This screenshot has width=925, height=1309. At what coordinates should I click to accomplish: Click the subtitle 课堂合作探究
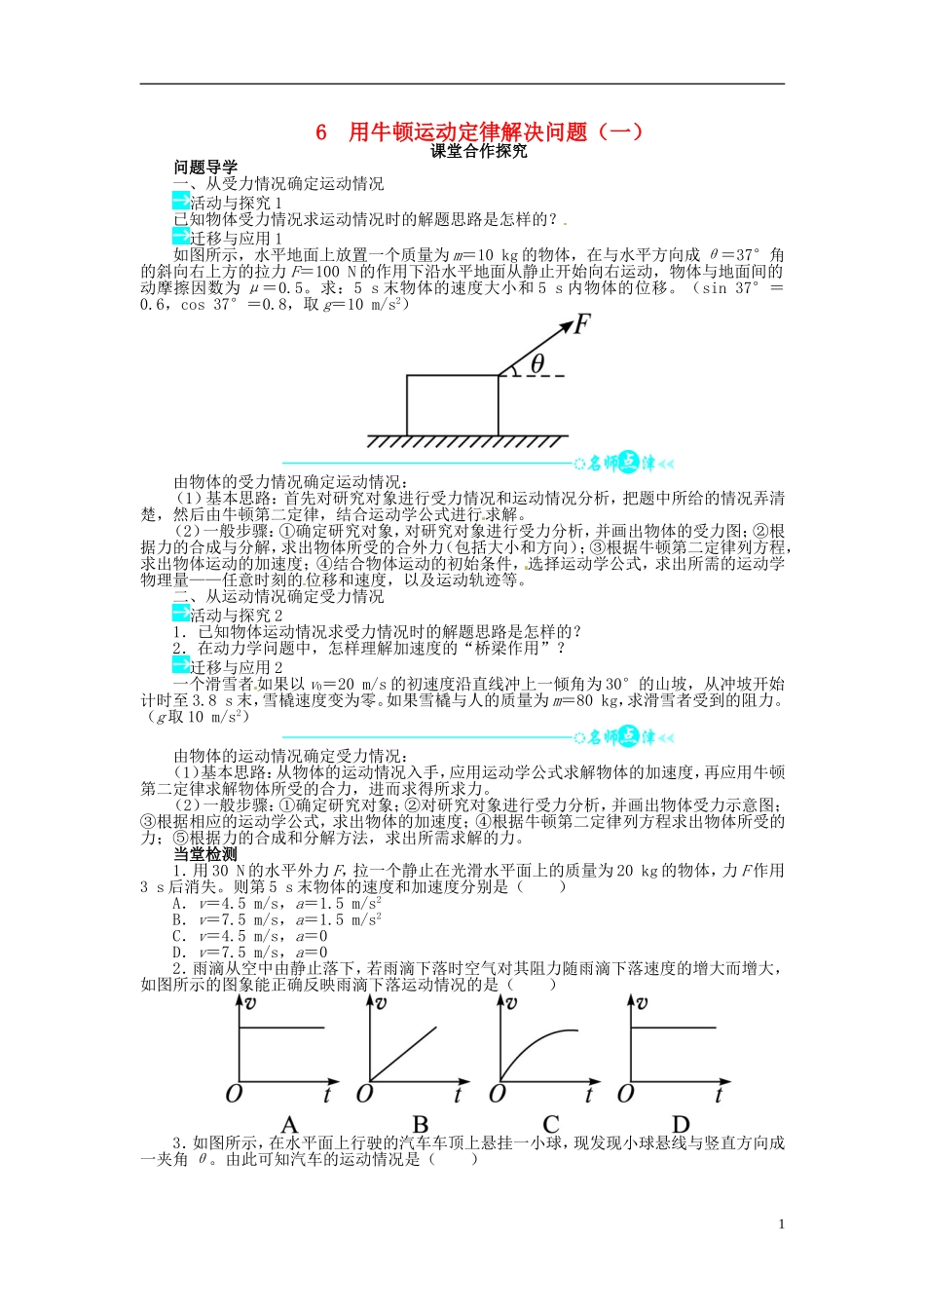(479, 151)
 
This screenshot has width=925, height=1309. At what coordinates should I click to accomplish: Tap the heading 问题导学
(205, 168)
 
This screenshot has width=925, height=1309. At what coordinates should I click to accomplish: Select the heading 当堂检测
(205, 854)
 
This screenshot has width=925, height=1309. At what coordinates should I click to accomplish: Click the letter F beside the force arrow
(581, 324)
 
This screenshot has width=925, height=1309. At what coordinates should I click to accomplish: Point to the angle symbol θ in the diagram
(536, 363)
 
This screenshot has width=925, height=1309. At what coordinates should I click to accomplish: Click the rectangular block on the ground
(452, 405)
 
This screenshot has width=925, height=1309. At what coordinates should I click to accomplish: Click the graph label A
(289, 1125)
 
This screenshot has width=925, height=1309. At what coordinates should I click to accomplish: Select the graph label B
(421, 1125)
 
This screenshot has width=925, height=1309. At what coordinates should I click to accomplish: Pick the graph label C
(551, 1125)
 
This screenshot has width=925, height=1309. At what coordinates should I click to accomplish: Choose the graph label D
(682, 1125)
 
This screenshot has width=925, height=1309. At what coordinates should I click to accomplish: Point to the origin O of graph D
(626, 1094)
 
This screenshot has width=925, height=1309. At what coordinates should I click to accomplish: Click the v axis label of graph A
(250, 1002)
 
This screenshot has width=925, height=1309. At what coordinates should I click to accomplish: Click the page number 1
(781, 1224)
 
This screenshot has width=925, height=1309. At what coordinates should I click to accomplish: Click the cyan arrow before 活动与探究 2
(180, 614)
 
